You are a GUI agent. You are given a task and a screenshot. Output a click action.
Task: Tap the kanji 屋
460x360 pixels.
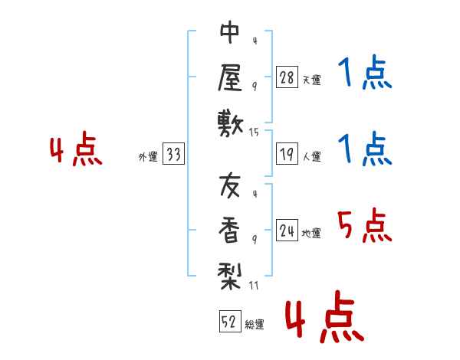click(230, 78)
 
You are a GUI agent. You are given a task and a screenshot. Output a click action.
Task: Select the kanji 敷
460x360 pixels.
click(230, 122)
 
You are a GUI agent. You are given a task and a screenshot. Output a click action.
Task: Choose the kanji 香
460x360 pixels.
click(230, 229)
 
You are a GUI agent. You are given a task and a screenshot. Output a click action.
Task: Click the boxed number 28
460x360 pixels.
click(287, 77)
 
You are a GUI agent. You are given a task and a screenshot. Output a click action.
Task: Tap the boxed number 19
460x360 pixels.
click(287, 155)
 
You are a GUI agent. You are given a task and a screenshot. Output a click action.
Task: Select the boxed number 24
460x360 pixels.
click(287, 231)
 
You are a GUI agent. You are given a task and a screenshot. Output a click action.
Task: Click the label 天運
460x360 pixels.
click(312, 80)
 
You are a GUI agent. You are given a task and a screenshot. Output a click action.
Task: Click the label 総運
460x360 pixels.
click(255, 324)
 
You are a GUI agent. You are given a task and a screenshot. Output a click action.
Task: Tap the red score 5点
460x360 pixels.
click(363, 226)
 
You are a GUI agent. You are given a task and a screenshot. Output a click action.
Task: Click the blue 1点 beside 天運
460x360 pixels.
click(363, 73)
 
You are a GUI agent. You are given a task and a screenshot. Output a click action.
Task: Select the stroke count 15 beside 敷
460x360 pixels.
click(255, 133)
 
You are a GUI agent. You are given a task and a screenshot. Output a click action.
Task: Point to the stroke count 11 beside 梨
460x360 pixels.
click(255, 286)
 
